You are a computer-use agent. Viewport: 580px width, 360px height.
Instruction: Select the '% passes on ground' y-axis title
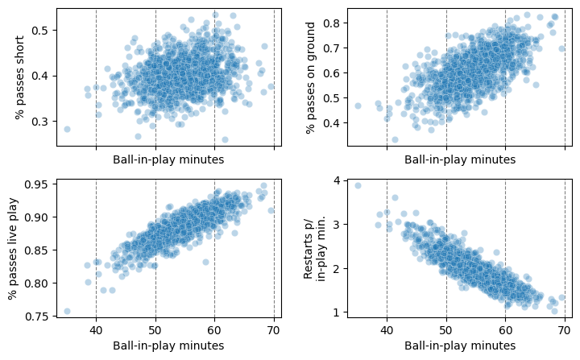311,77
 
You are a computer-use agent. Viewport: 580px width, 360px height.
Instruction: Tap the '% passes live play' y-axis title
14,250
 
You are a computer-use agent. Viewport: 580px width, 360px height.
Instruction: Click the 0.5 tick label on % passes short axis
40,31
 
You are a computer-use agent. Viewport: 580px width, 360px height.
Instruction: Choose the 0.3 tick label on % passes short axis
40,122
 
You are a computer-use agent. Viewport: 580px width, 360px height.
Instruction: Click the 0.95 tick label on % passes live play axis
37,184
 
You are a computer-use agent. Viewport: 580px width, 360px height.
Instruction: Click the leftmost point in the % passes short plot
67,129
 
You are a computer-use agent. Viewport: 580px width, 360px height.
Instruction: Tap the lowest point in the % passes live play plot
67,311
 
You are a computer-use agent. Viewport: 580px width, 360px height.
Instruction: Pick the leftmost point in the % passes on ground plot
358,106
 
